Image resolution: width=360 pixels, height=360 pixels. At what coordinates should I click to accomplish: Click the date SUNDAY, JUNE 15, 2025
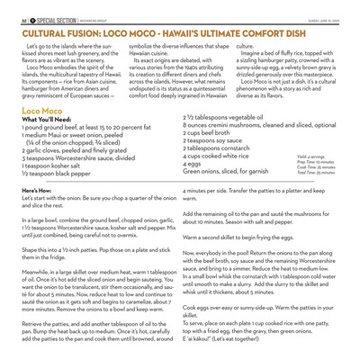pos(327,16)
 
